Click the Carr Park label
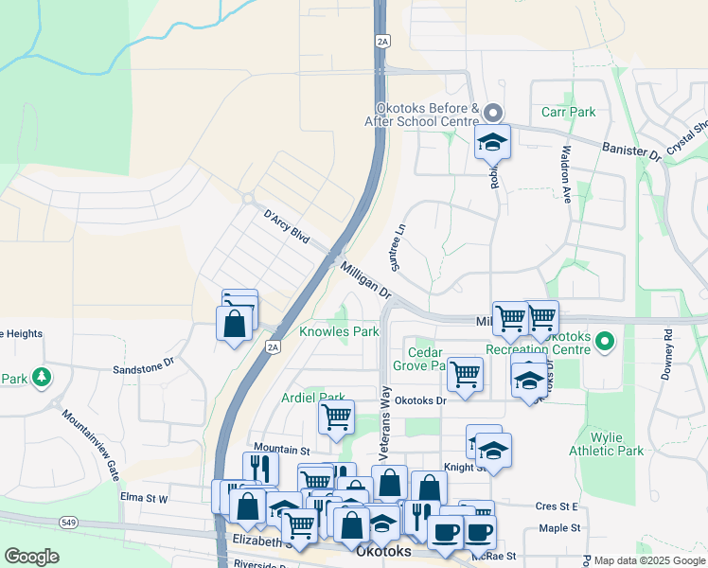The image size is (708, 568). tap(568, 112)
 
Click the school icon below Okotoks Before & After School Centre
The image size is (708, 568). tap(492, 143)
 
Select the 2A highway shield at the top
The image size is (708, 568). tap(382, 41)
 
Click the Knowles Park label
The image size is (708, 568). tap(339, 332)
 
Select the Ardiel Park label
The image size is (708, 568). tap(312, 398)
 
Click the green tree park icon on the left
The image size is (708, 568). tap(41, 379)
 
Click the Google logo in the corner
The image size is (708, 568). tap(32, 557)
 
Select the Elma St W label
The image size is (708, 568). tap(144, 497)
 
